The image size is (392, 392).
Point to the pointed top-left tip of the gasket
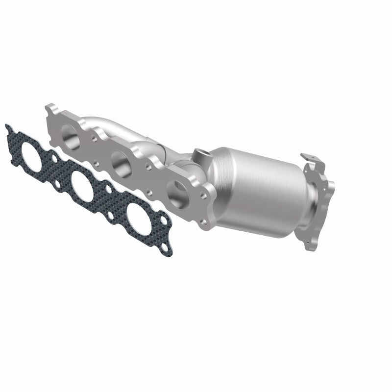7,126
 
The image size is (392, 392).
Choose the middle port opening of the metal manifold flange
120,160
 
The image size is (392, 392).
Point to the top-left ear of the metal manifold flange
49,107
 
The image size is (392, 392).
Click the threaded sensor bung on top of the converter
201,155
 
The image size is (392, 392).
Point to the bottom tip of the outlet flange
308,247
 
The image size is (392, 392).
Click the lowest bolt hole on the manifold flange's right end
202,223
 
